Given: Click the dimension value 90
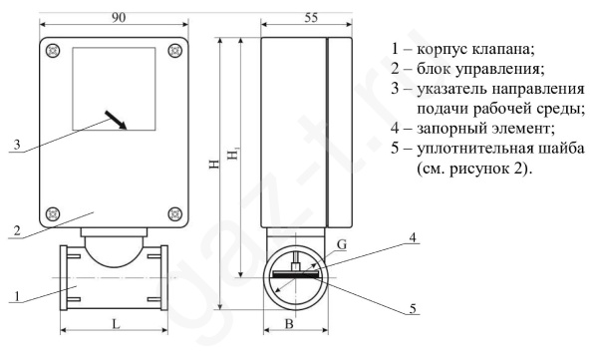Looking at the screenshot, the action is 119,18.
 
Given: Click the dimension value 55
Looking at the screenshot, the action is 311,18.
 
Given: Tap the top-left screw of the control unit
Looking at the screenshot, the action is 53,51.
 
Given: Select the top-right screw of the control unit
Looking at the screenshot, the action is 175,51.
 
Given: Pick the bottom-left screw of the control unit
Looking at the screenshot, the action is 53,213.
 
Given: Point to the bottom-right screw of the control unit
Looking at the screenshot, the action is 175,213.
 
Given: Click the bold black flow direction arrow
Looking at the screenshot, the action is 116,120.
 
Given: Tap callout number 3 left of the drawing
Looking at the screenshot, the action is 17,145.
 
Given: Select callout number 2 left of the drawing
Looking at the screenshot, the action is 17,230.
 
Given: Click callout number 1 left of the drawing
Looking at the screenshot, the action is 17,296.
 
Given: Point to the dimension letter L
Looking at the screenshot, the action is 116,324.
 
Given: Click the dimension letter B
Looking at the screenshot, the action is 289,324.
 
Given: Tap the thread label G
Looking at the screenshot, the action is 342,244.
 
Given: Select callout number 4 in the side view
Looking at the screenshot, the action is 413,237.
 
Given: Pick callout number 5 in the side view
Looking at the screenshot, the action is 413,308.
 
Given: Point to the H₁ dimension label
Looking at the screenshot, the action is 233,154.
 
